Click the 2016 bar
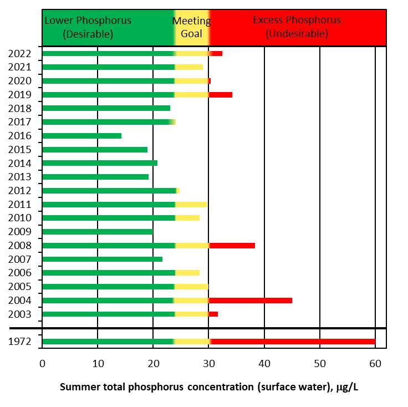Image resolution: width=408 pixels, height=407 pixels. [81, 136]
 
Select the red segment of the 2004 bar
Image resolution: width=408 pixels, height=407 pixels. [251, 301]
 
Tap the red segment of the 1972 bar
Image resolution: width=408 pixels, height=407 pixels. [293, 342]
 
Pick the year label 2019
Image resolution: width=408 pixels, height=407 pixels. [19, 95]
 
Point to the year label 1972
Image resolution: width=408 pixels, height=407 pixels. [19, 342]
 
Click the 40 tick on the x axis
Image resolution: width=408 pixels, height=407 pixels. [264, 364]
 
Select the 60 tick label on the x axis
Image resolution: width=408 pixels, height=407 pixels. [375, 364]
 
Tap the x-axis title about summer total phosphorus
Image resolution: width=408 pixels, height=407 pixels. [209, 386]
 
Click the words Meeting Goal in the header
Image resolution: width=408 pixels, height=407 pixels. [191, 27]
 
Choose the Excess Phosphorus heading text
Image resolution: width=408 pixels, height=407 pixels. [297, 27]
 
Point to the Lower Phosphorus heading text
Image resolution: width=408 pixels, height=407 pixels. [88, 27]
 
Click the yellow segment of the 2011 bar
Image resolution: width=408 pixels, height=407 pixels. [191, 205]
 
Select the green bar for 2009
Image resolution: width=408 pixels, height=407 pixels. [97, 232]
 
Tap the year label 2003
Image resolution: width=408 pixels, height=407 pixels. [19, 314]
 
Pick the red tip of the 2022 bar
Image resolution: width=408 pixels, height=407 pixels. [216, 53]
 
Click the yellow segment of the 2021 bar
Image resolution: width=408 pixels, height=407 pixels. [189, 67]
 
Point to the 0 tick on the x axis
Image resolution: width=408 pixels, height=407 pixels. [42, 364]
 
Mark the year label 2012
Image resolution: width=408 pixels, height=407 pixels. [19, 191]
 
